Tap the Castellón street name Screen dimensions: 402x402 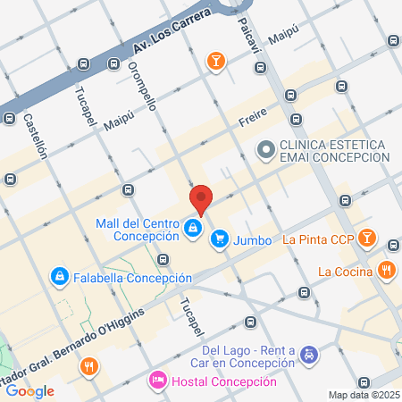pos(36,136)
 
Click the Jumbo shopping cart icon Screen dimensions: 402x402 pos(219,239)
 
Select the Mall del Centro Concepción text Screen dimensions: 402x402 pos(138,230)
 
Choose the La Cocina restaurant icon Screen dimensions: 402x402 pos(386,270)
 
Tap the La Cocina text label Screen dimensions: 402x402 pos(343,271)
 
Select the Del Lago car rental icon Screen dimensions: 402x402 pos(307,356)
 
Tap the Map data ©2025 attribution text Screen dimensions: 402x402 pos(362,395)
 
